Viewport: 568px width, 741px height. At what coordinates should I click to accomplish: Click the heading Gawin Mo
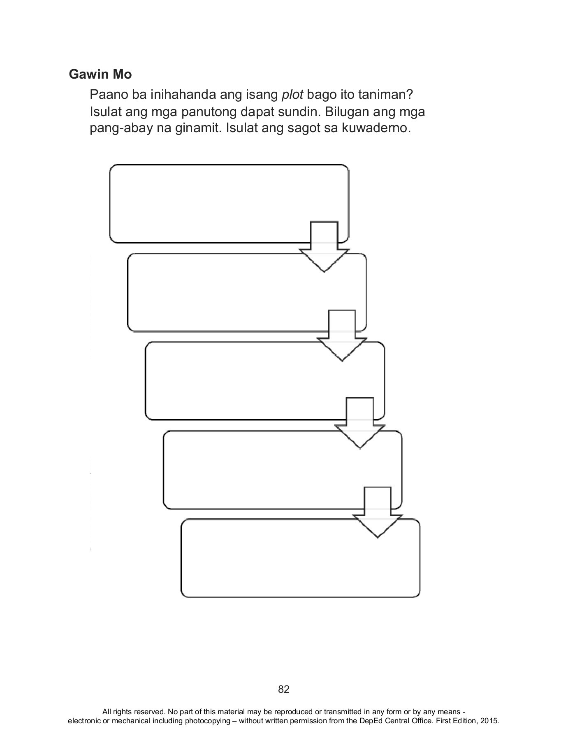tap(100, 75)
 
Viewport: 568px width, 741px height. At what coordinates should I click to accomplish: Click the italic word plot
tap(292, 95)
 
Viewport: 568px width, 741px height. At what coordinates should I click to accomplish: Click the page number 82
tap(284, 689)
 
